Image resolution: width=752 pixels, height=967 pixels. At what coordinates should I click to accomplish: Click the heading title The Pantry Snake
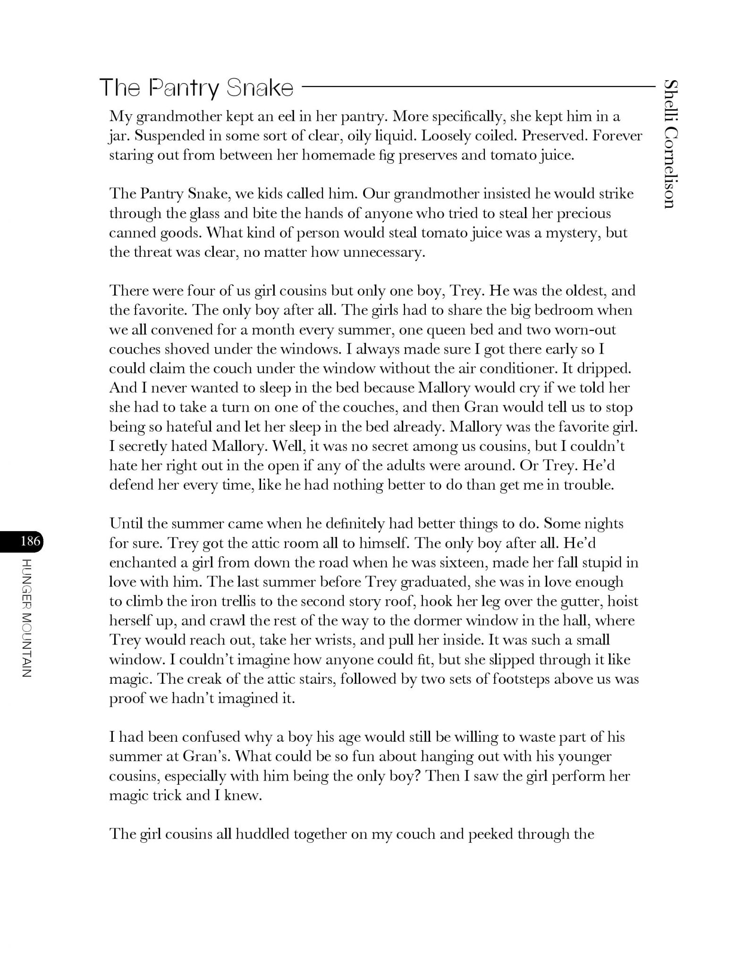coord(196,88)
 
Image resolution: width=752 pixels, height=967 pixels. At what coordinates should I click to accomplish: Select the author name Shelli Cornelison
coord(670,144)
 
